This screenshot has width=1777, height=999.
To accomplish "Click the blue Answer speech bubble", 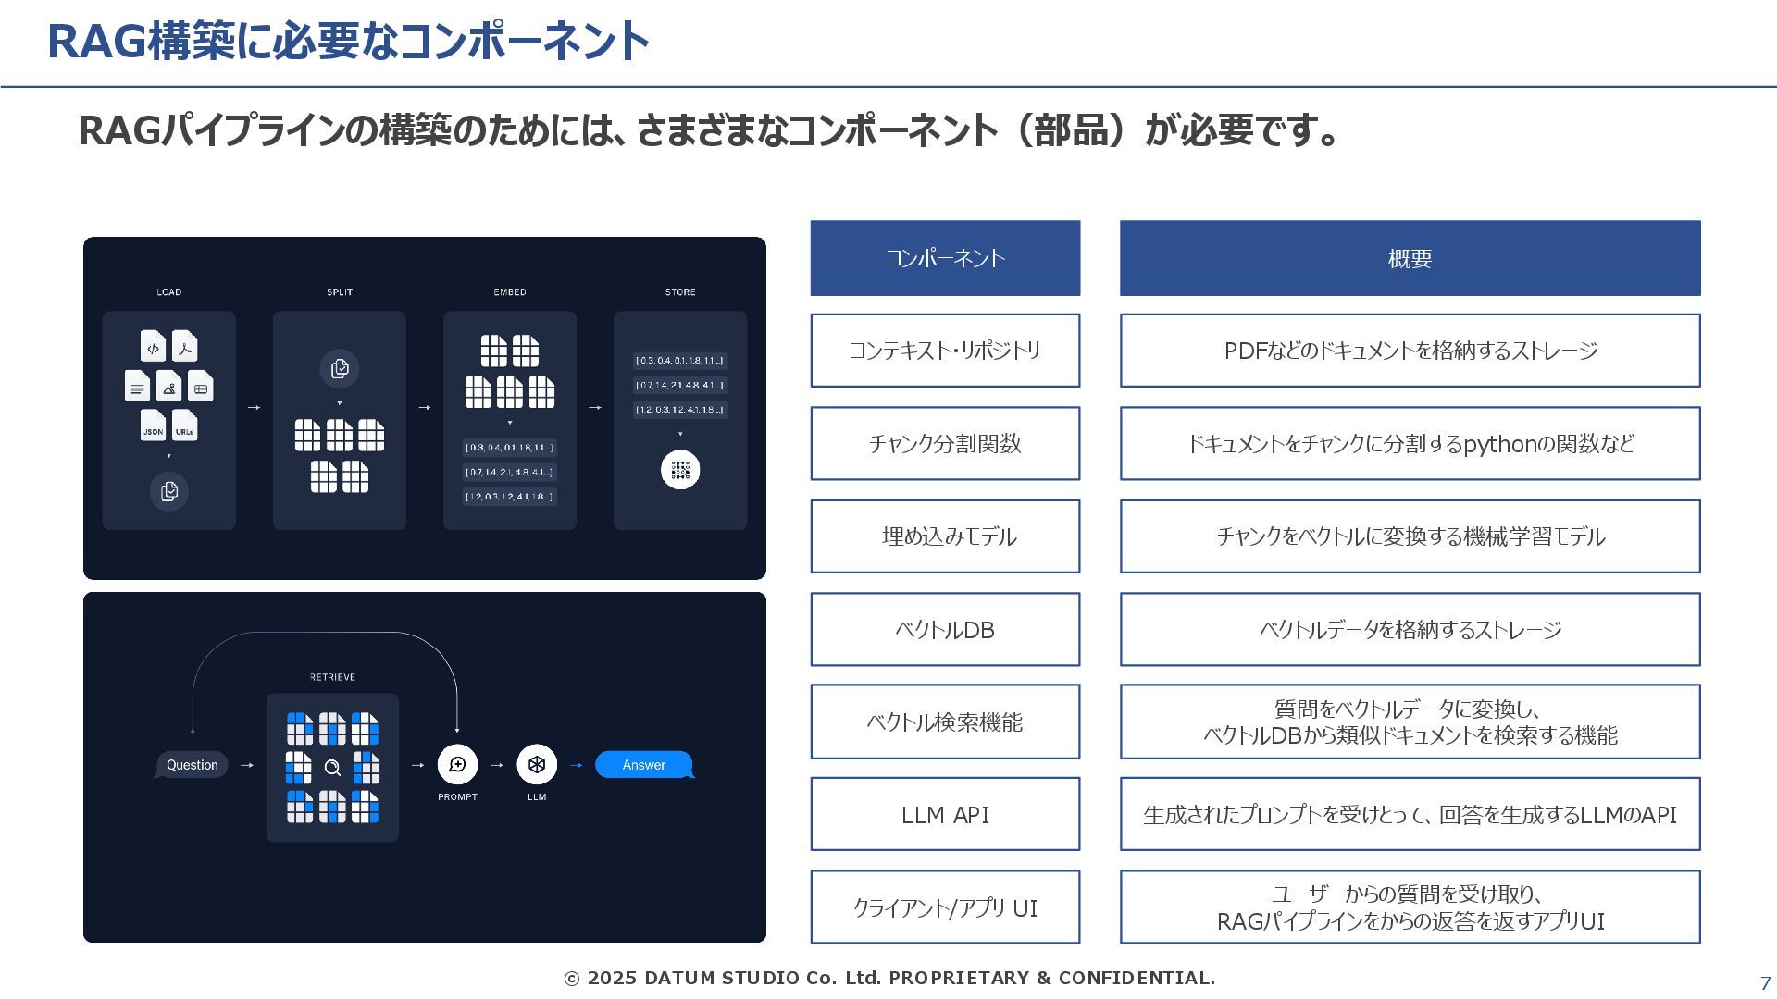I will (643, 765).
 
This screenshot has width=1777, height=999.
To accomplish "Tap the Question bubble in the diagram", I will (192, 765).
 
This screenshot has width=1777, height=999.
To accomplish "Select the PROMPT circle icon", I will (457, 764).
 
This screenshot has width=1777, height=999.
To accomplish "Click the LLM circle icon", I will (537, 764).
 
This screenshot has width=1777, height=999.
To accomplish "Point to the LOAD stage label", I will (168, 292).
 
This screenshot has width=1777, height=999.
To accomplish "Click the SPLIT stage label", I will (340, 292).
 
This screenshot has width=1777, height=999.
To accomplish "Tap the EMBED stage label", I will (510, 292).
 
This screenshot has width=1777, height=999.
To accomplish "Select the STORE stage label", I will (680, 292).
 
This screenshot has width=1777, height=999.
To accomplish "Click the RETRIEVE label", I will (332, 677).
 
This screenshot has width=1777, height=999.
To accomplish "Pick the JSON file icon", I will (153, 426).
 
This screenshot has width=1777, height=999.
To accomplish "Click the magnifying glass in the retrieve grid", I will (332, 767).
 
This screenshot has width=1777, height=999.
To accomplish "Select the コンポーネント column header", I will (945, 258).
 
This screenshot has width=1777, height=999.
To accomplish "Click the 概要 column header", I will (1410, 258).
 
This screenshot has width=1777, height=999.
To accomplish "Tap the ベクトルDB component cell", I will (945, 629).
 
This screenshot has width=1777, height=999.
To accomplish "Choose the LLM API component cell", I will (945, 814).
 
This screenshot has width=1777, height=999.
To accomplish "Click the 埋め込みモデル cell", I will (945, 536).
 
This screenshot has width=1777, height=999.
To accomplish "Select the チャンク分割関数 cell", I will (945, 443).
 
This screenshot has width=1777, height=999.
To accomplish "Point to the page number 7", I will (1765, 983).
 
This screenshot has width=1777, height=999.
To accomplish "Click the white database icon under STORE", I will (680, 470).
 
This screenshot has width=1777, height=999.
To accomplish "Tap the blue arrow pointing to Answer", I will (577, 765).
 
